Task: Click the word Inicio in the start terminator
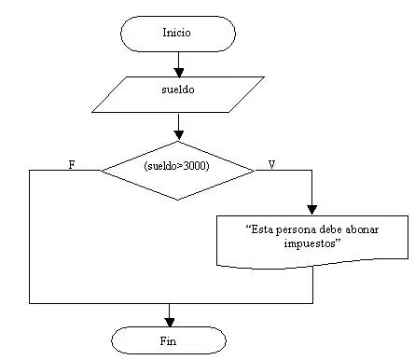176,33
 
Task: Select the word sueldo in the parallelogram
178,90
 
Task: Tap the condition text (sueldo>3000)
176,166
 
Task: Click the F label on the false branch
72,165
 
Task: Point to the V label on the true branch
271,164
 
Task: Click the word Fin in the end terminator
168,341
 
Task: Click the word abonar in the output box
363,229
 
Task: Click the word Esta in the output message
259,229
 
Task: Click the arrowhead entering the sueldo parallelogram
178,73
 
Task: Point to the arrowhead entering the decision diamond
178,135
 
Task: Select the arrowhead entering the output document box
311,210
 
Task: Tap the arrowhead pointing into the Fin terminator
170,322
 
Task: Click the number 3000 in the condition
195,166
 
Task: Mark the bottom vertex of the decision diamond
177,200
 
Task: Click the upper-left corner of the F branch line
30,171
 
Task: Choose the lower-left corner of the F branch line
30,303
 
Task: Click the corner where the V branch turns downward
311,171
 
